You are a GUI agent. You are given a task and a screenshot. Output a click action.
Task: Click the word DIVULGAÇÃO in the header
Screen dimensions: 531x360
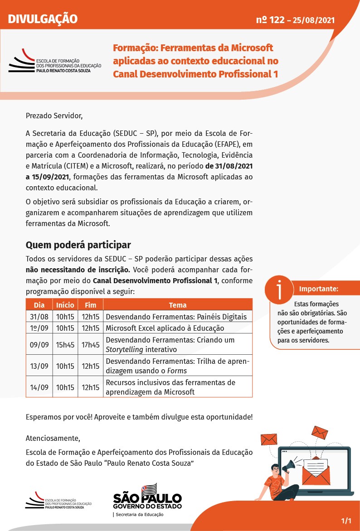tap(43, 19)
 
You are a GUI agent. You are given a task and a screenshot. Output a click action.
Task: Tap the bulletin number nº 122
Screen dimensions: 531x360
tap(270, 19)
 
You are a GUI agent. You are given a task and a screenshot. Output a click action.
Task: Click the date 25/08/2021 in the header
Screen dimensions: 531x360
tap(314, 20)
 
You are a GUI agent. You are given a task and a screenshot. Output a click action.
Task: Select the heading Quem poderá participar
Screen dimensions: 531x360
tap(78, 245)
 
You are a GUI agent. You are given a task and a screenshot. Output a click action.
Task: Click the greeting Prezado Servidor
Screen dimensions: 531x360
tap(54, 116)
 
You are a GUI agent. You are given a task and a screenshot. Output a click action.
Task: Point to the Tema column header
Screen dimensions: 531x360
tap(178, 305)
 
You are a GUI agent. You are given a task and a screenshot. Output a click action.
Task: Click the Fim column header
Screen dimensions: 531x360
tap(91, 305)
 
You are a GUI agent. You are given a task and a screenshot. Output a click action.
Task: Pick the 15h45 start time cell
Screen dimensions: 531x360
tap(65, 345)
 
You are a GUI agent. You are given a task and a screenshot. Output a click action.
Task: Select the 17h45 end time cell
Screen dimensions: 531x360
tap(91, 345)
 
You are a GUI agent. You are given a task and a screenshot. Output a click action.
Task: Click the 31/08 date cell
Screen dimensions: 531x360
tap(39, 316)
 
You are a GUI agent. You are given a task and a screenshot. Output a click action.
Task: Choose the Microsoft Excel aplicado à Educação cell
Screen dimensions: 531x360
tap(165, 328)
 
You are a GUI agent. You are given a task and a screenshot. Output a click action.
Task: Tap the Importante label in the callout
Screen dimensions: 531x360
tap(318, 289)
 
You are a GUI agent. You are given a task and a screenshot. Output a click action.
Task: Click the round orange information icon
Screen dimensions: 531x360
tap(279, 289)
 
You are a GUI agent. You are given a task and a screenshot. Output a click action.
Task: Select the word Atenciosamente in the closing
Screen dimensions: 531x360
tap(53, 439)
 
